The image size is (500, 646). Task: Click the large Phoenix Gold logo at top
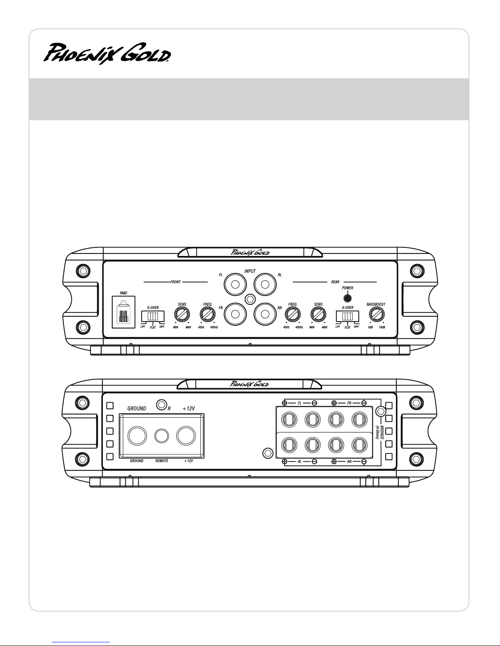107,53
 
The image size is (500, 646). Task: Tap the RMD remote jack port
124,312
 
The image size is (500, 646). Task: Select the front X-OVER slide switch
153,316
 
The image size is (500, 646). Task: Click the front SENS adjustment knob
182,314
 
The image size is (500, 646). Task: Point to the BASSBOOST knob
376,314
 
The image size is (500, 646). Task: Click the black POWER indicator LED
347,298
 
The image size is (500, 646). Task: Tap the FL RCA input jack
235,284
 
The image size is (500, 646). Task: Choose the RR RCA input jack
265,314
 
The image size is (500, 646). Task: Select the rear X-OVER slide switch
347,316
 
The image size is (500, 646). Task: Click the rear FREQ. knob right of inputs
293,314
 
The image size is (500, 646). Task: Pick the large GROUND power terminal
137,436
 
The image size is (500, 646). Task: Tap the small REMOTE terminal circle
162,436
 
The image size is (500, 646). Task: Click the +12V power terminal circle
186,436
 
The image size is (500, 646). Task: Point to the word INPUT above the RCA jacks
250,271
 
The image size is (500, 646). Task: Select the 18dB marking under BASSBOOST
382,327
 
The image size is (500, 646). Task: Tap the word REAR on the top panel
335,282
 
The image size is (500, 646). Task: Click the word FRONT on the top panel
176,282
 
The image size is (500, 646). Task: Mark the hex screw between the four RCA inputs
250,299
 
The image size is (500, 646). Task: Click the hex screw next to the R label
161,405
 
